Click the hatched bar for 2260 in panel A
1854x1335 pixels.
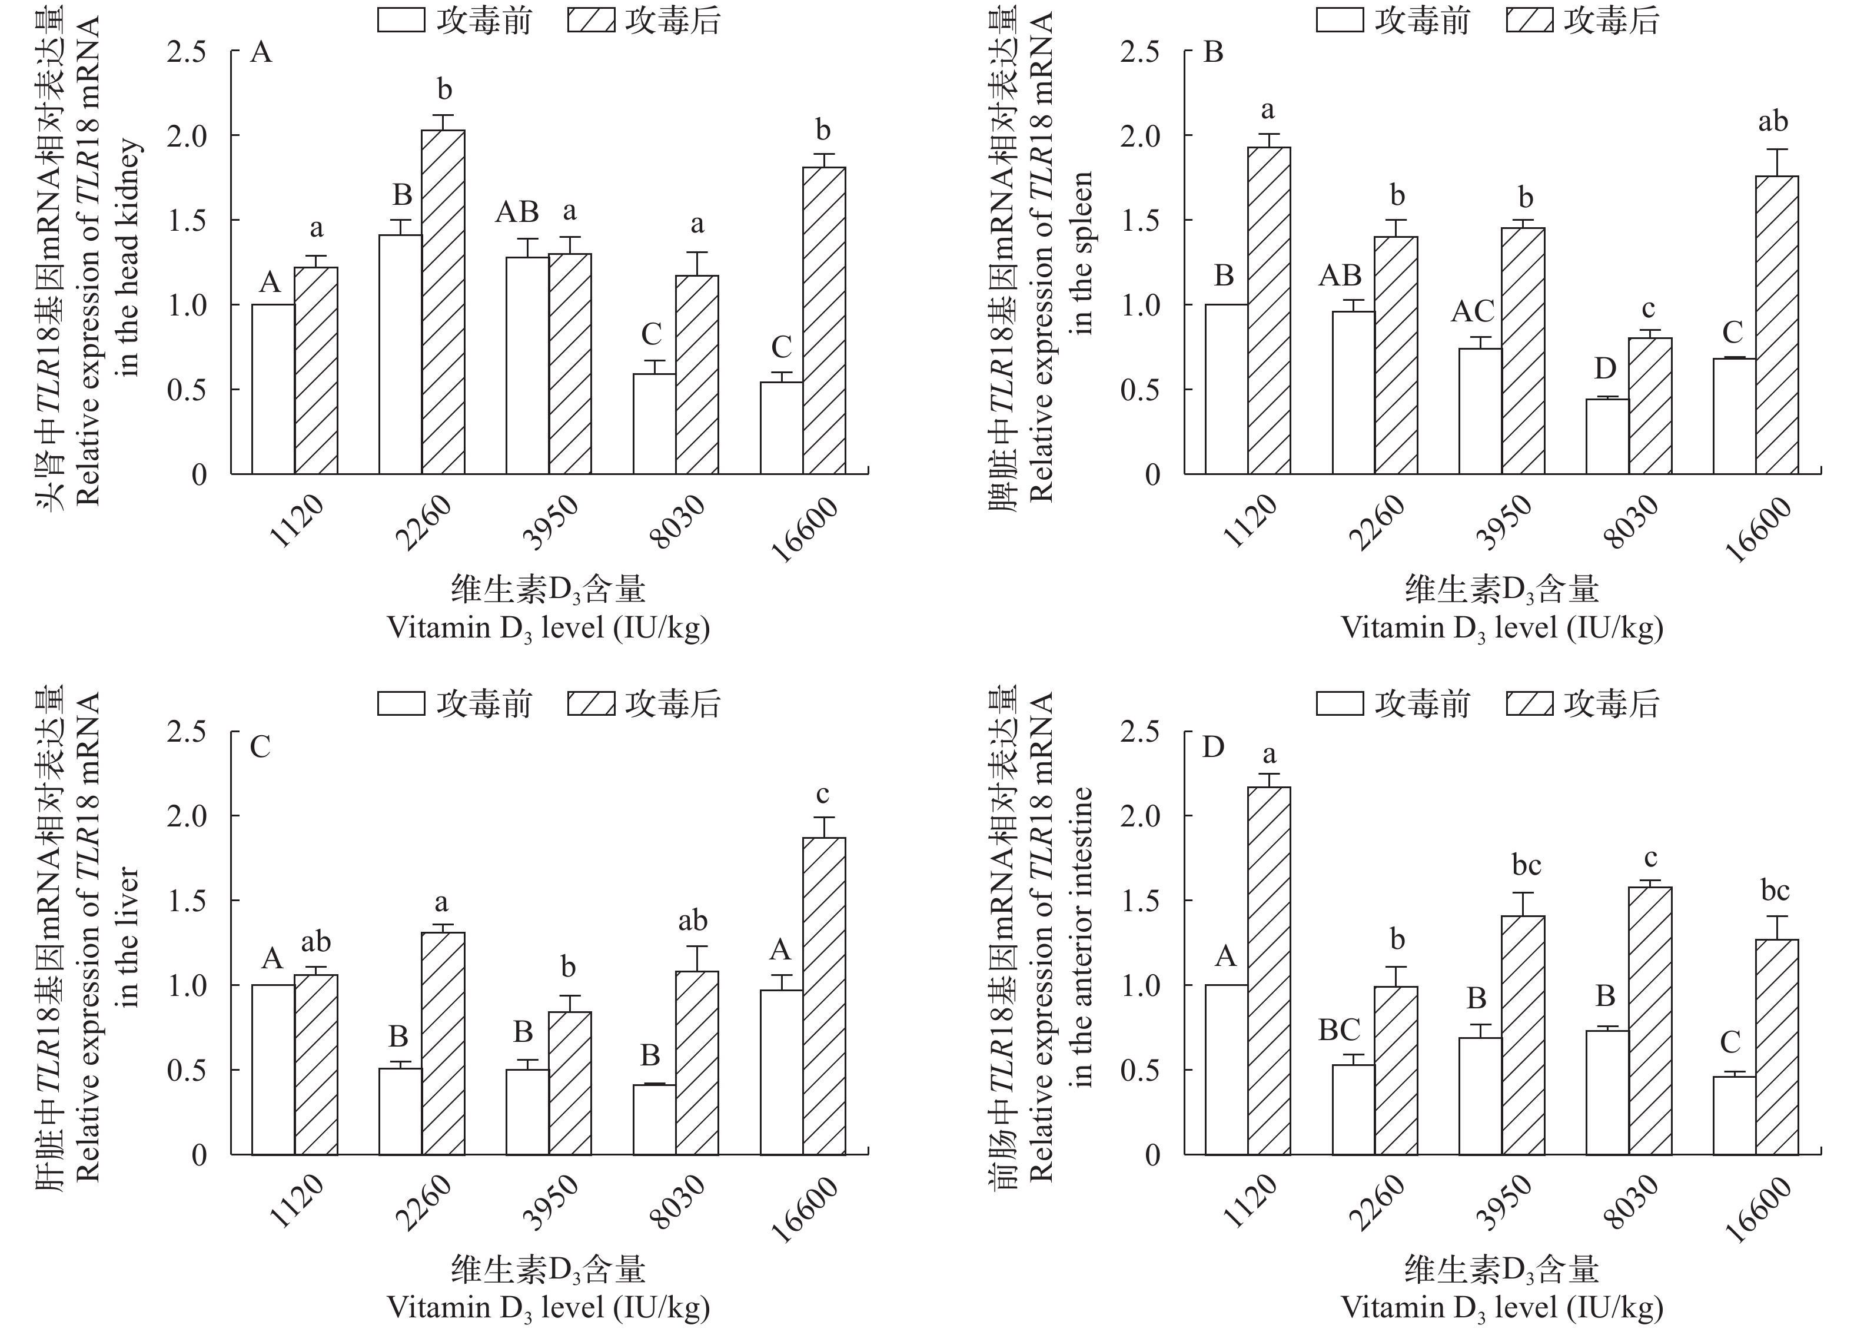point(443,303)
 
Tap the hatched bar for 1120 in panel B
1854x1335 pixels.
point(1269,311)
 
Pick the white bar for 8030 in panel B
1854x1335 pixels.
point(1607,437)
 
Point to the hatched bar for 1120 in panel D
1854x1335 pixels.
point(1269,971)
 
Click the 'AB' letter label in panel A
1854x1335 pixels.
point(517,212)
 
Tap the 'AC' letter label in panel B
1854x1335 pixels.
point(1472,311)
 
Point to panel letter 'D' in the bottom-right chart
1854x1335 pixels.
point(1213,746)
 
